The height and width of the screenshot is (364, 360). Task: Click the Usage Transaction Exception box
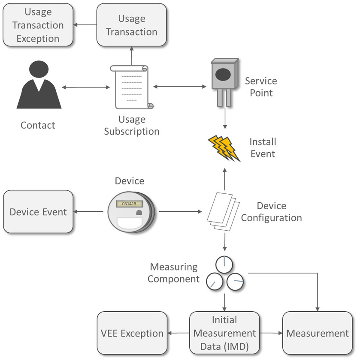(38, 25)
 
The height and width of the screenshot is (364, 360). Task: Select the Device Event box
(38, 212)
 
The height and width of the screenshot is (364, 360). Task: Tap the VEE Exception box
(132, 333)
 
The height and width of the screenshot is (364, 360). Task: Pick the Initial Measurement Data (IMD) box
(224, 333)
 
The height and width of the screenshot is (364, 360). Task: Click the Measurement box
(318, 333)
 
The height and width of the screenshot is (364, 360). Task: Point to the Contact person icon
(39, 86)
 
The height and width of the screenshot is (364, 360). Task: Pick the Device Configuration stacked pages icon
(223, 212)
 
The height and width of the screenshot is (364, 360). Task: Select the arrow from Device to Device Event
(90, 212)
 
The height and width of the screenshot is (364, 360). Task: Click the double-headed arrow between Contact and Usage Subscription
(86, 88)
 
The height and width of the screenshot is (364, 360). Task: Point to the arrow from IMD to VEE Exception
(178, 333)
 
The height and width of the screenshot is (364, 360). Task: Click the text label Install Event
(263, 147)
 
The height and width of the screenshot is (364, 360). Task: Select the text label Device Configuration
(271, 212)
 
